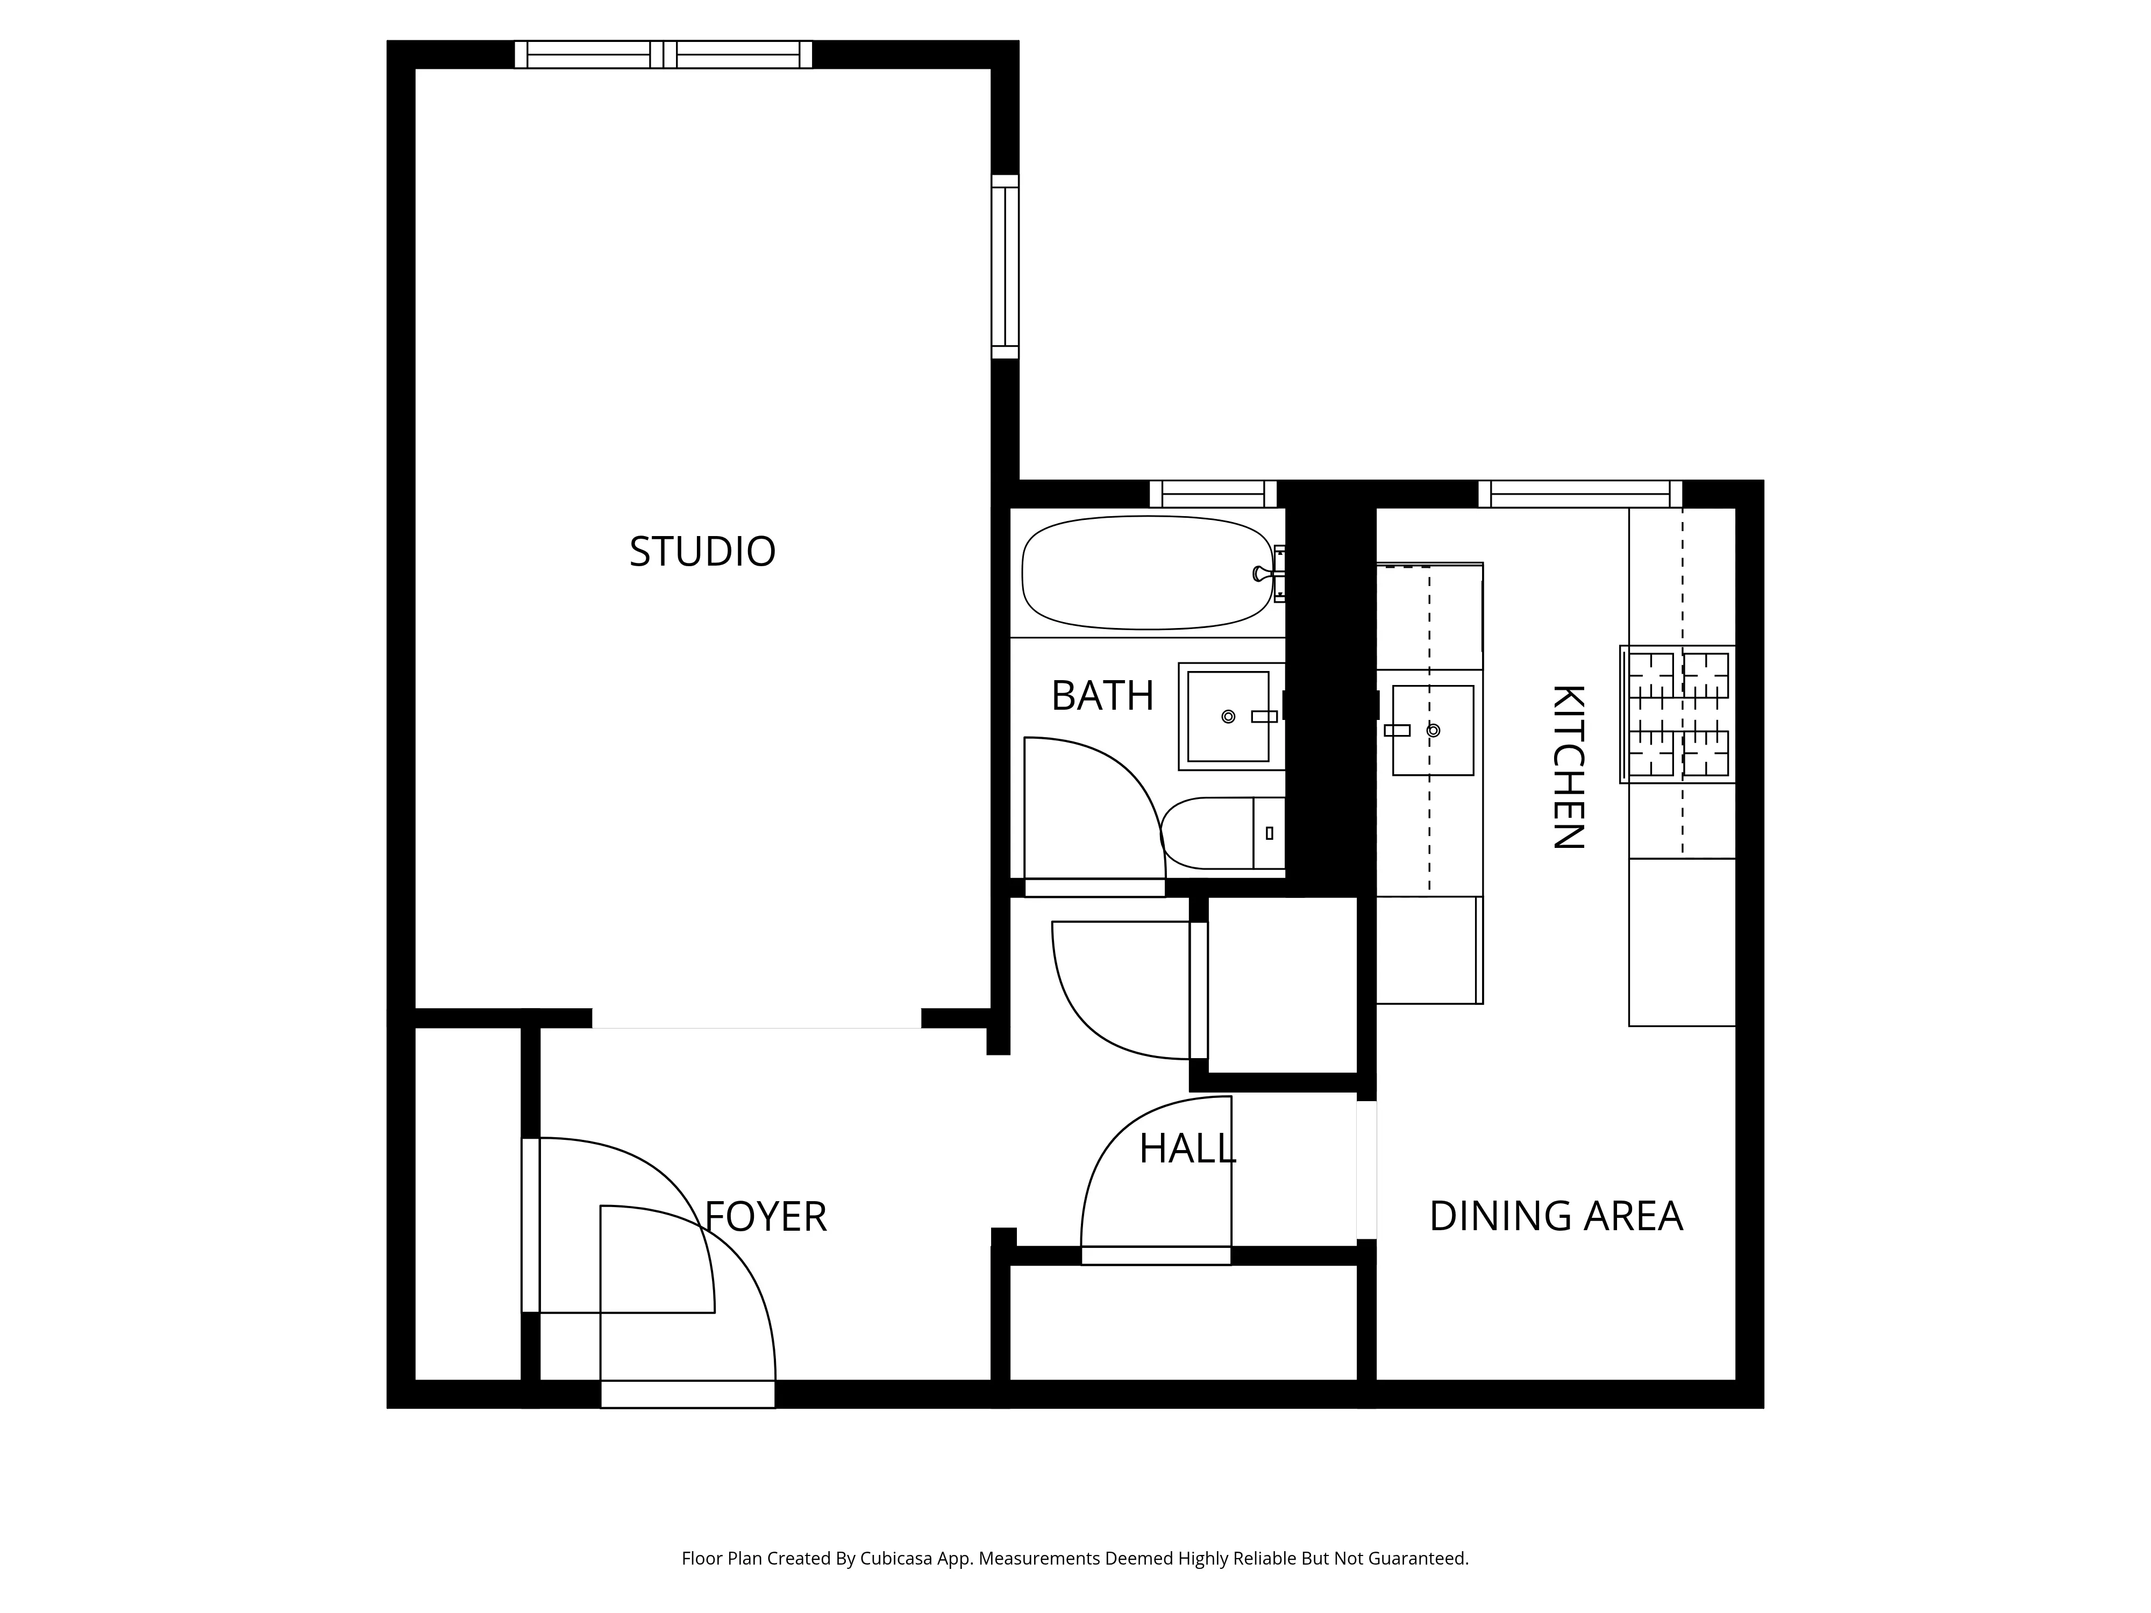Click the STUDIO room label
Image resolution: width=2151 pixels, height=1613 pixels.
(x=702, y=551)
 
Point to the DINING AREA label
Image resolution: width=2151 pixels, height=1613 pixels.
(x=1555, y=1215)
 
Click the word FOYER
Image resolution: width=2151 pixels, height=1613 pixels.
(x=765, y=1216)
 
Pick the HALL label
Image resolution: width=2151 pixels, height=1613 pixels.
(x=1186, y=1148)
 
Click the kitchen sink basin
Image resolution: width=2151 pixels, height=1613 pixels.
(x=1433, y=730)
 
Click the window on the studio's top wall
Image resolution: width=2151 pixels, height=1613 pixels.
(x=663, y=54)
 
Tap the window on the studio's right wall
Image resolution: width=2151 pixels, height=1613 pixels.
(x=1005, y=266)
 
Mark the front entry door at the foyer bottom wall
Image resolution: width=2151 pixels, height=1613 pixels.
(x=687, y=1393)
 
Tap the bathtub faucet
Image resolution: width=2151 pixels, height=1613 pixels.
(x=1262, y=574)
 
